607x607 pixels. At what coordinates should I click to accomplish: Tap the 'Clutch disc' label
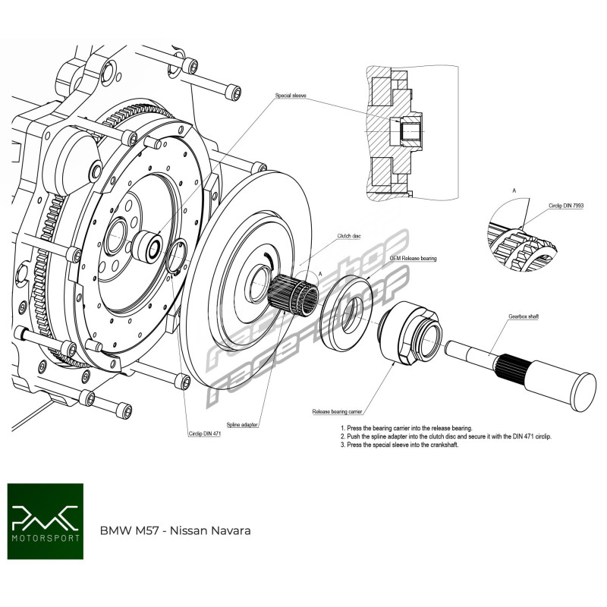pyautogui.click(x=349, y=236)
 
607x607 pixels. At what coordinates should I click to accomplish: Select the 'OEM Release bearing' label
pyautogui.click(x=413, y=259)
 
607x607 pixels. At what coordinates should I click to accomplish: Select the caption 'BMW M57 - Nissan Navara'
pyautogui.click(x=175, y=530)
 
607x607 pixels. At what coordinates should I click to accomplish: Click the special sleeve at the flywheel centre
pyautogui.click(x=149, y=246)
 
